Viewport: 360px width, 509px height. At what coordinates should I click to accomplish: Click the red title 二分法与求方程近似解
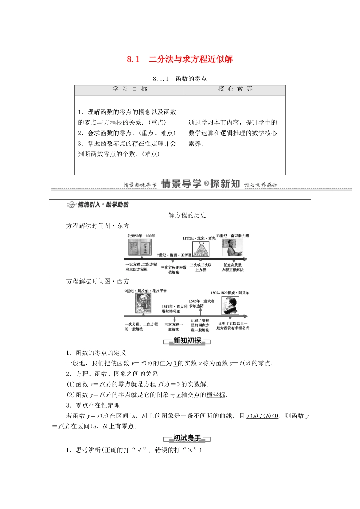point(191,59)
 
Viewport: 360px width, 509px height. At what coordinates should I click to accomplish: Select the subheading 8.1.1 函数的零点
point(180,79)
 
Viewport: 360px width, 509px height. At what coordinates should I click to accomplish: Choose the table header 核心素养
point(235,89)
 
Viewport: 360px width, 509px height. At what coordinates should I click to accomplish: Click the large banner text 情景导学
point(181,184)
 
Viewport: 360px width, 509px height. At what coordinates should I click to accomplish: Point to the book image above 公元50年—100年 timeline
point(140,248)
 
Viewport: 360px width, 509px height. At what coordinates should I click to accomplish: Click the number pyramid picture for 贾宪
point(200,249)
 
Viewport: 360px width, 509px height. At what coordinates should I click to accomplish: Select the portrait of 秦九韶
point(232,248)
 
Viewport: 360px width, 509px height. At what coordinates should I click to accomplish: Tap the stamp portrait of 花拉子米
point(143,303)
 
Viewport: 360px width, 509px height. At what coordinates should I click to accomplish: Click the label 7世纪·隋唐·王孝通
point(174,255)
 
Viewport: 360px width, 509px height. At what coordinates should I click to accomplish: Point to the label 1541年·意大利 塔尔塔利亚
point(174,309)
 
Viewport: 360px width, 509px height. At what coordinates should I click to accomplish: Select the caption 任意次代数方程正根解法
point(233,267)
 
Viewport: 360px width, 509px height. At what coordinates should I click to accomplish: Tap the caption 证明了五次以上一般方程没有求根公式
point(233,326)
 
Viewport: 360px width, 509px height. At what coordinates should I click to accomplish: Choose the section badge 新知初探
point(187,341)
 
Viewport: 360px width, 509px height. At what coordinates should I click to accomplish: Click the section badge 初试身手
point(187,438)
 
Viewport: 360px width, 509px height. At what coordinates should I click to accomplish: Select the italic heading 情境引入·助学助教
point(103,205)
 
